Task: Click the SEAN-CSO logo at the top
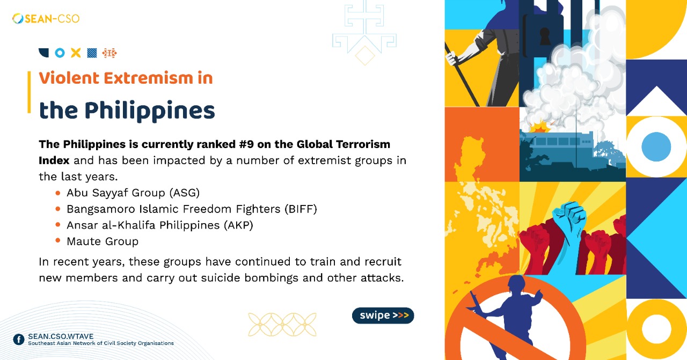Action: [46, 19]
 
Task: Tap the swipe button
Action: [383, 315]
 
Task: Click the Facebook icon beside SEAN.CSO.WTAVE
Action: [19, 339]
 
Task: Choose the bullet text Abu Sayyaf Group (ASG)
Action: [133, 193]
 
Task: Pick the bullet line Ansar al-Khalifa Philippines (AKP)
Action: [159, 225]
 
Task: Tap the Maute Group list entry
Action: [103, 241]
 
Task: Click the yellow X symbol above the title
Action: [76, 53]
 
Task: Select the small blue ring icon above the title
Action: [60, 53]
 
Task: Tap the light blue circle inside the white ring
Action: [656, 146]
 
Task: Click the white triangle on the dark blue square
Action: [656, 102]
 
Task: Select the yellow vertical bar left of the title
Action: [29, 92]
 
